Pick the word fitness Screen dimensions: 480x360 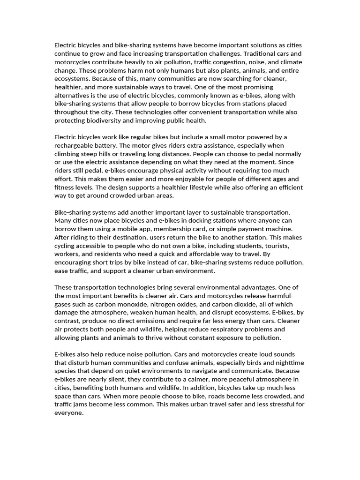65,187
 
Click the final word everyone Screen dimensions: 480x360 68,413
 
